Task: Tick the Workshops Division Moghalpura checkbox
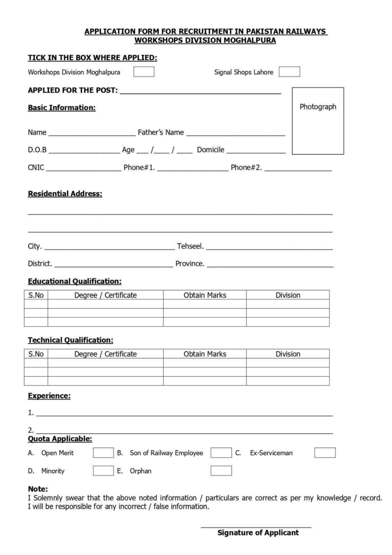(x=144, y=72)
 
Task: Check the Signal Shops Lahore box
(x=289, y=72)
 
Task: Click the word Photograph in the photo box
(x=318, y=107)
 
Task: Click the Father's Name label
(x=161, y=132)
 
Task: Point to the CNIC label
(x=36, y=167)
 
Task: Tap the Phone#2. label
(x=246, y=167)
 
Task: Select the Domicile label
(x=210, y=150)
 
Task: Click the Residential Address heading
(x=65, y=194)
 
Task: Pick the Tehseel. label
(x=190, y=246)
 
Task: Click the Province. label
(x=190, y=264)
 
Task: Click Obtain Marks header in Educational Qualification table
(x=205, y=295)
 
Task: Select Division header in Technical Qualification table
(x=288, y=354)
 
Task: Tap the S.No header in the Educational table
(x=36, y=295)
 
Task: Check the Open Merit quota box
(x=103, y=453)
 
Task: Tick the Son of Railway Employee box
(x=221, y=453)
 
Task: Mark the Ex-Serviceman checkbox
(x=325, y=453)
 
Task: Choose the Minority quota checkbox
(x=103, y=471)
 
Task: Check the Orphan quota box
(x=221, y=471)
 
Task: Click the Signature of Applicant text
(x=258, y=533)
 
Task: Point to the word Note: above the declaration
(x=38, y=489)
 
